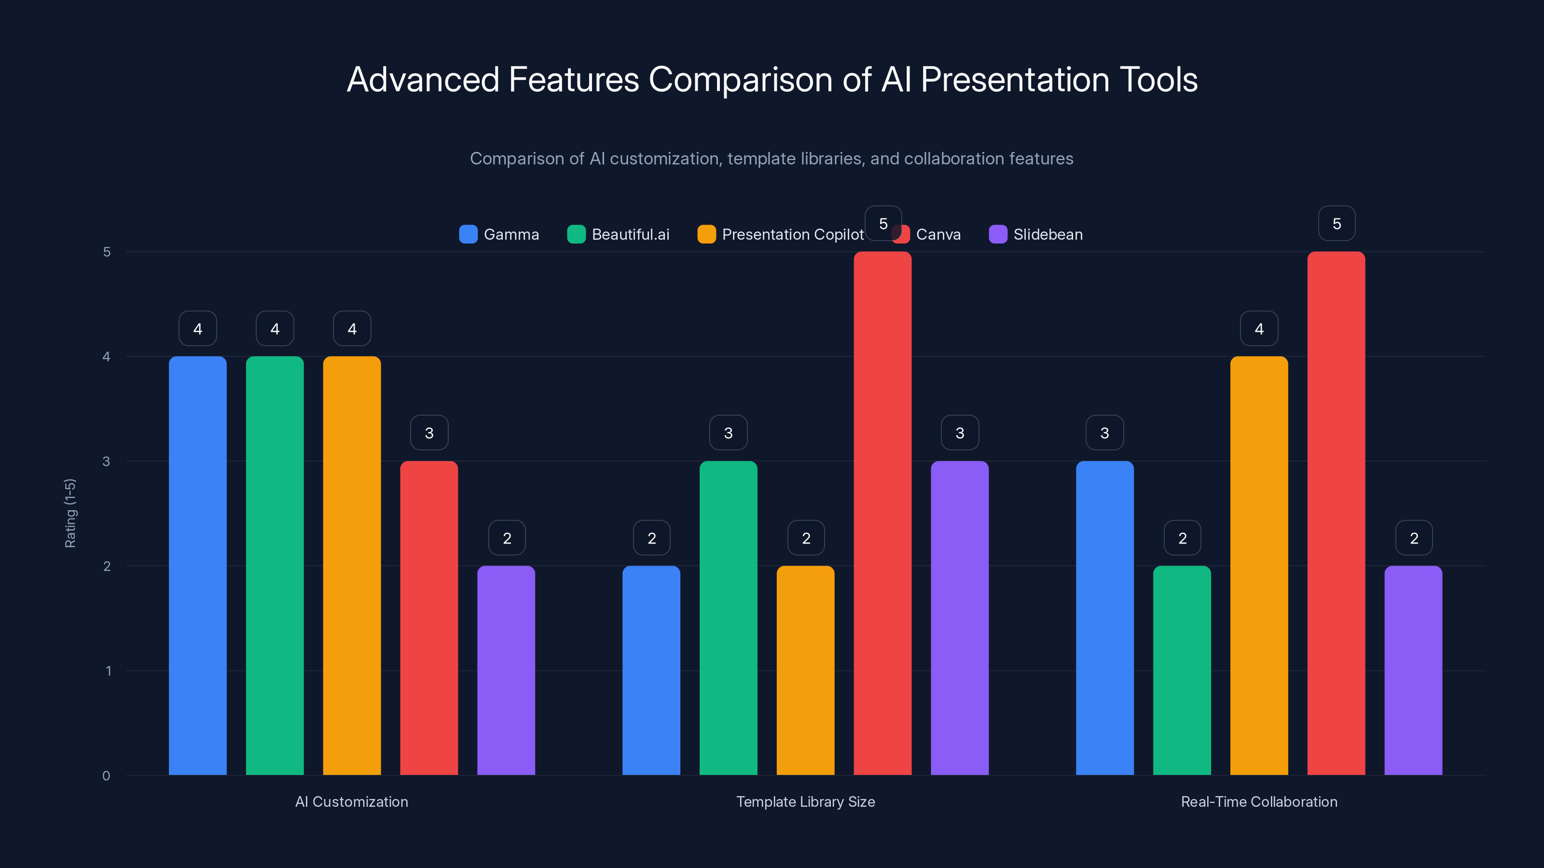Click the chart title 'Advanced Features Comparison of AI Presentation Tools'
tap(772, 80)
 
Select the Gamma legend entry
tap(499, 234)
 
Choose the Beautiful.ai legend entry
tap(618, 234)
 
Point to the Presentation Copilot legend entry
tap(780, 234)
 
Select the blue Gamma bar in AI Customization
tap(198, 566)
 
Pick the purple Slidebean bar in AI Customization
tap(506, 670)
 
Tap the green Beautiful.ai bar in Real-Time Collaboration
tap(1182, 670)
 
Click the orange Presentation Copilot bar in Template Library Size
tap(806, 670)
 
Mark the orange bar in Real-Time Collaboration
tap(1259, 566)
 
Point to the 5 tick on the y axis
tap(107, 252)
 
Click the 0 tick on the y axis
tap(106, 776)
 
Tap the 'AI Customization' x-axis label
tap(351, 802)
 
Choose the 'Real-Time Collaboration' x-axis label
tap(1259, 802)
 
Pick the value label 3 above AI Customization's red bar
tap(429, 433)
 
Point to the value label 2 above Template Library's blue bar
tap(651, 539)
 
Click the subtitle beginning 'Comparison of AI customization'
tap(772, 159)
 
